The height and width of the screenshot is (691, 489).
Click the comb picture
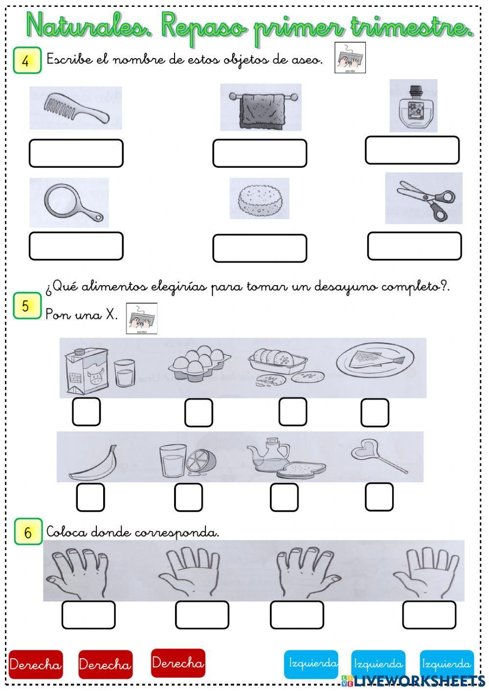76,108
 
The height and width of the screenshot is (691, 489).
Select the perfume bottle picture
414,106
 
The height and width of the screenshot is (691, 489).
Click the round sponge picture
260,199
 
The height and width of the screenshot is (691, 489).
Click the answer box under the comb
76,154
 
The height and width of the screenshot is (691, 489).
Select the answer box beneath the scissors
414,246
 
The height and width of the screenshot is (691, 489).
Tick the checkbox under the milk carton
87,412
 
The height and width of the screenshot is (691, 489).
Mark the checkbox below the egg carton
199,412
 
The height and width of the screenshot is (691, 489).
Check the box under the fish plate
375,412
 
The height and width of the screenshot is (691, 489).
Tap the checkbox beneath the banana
90,497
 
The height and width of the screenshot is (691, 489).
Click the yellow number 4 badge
27,61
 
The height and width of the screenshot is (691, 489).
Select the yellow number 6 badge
28,532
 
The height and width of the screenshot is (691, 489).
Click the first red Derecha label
36,664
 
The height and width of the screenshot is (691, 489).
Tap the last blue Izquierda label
446,664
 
